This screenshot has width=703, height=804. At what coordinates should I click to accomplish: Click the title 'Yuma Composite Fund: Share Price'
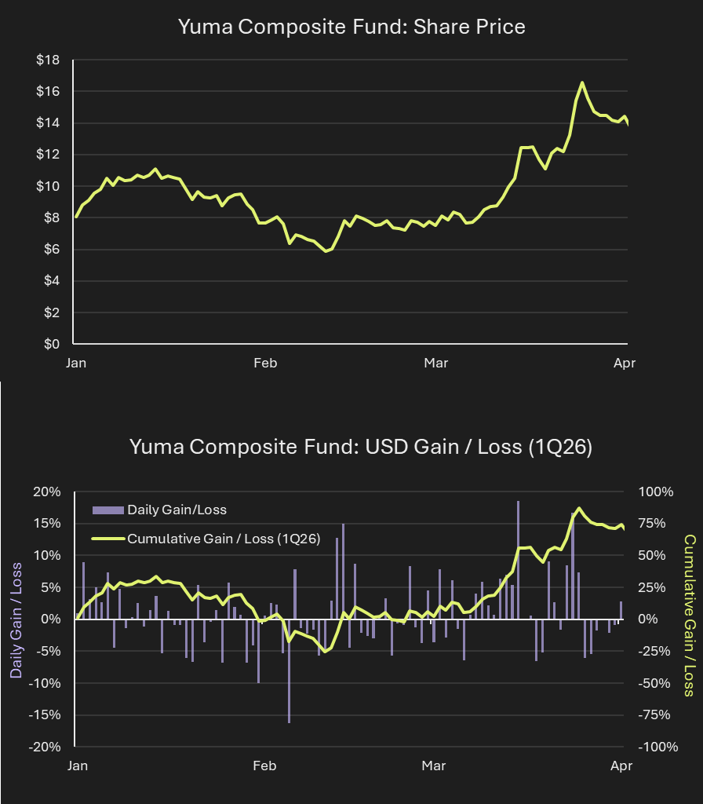(351, 27)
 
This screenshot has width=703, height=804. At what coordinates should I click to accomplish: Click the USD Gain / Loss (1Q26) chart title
(360, 447)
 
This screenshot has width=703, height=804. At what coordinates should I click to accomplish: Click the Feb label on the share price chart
(265, 363)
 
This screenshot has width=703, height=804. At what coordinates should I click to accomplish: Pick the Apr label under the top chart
(625, 363)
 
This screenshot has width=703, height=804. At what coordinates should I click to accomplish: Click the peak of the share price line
(582, 82)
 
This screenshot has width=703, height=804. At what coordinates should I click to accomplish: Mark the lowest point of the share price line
(326, 251)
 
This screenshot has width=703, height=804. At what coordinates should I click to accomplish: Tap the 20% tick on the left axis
(46, 492)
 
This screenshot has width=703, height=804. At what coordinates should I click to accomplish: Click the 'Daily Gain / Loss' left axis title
(16, 619)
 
